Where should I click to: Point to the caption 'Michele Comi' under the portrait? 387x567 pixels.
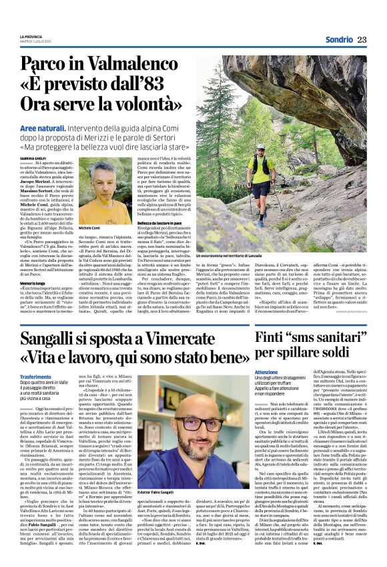[90, 228]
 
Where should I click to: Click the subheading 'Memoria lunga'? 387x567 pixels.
[34, 283]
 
